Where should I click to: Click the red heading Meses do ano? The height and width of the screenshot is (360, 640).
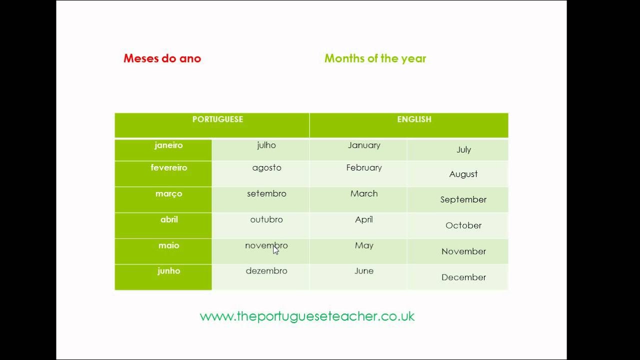[x=162, y=58]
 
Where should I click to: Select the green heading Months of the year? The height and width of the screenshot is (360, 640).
[x=375, y=58]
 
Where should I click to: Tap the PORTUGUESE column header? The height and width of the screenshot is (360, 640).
[x=217, y=119]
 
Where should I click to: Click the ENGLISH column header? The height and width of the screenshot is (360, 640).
[x=414, y=119]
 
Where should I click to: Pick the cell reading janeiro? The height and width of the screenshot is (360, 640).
[x=168, y=145]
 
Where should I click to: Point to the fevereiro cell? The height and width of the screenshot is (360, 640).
[x=168, y=168]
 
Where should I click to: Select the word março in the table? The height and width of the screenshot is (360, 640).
[x=168, y=194]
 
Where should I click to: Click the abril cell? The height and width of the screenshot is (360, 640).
[x=168, y=219]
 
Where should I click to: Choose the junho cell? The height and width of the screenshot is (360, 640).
[x=168, y=271]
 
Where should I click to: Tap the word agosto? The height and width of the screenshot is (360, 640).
[x=266, y=168]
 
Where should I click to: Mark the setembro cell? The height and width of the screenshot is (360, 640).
[x=266, y=194]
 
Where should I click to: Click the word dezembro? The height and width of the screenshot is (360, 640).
[x=266, y=271]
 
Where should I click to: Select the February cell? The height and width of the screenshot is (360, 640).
[x=364, y=168]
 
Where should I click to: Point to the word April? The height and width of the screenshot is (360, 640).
[x=364, y=219]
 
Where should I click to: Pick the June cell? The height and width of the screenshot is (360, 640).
[x=364, y=271]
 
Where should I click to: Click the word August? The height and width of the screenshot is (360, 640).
[x=463, y=174]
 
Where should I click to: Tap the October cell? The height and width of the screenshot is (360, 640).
[x=463, y=225]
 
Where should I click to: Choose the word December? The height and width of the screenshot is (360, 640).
[x=463, y=277]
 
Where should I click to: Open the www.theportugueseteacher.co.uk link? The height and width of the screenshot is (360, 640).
[x=307, y=316]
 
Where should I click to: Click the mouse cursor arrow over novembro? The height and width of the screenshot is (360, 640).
[x=275, y=250]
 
